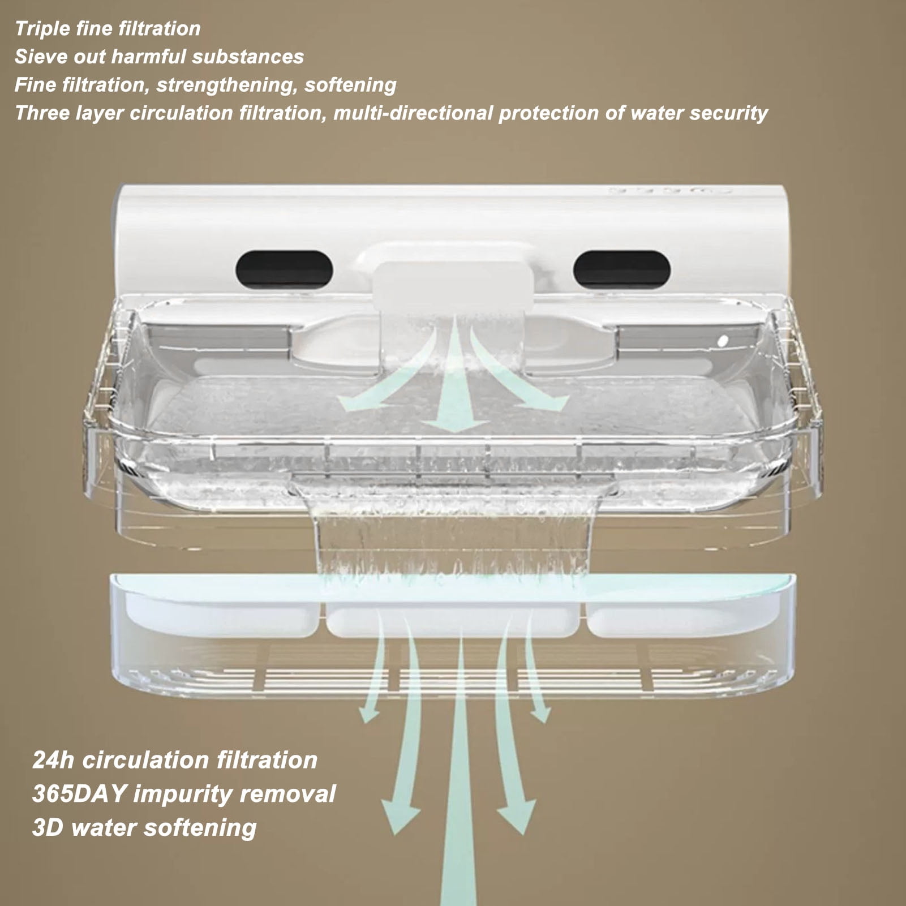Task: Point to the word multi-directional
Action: [x=413, y=113]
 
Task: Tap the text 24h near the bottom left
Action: [x=53, y=760]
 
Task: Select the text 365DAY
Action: [x=79, y=794]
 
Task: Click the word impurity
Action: [x=181, y=795]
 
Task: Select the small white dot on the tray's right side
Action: [x=723, y=341]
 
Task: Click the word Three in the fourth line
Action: [x=42, y=113]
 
